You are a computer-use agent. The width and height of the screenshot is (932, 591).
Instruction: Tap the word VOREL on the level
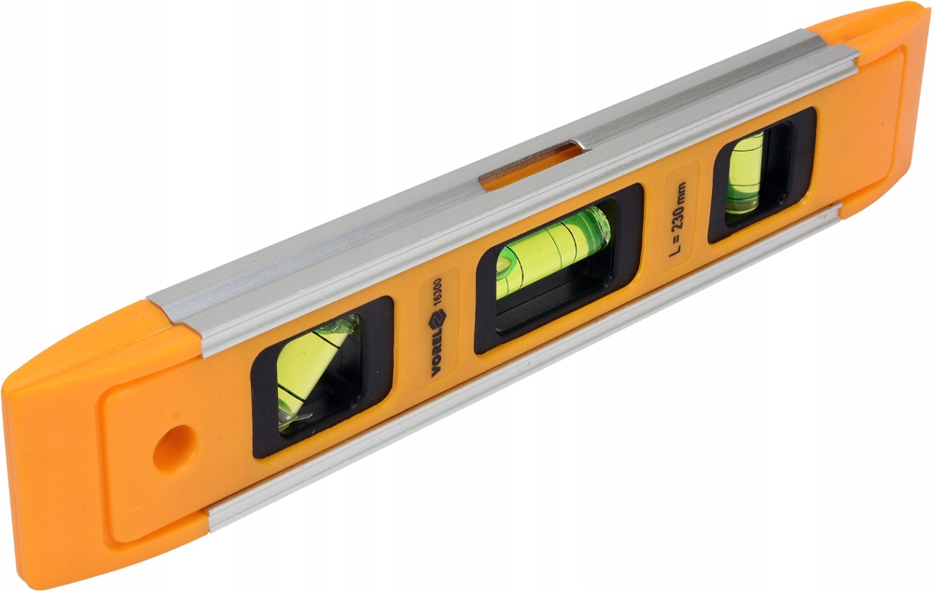pyautogui.click(x=439, y=353)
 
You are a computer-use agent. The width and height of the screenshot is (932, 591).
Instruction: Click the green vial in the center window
pyautogui.click(x=553, y=251)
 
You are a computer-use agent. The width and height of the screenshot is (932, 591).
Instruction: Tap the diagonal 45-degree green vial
pyautogui.click(x=315, y=369)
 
